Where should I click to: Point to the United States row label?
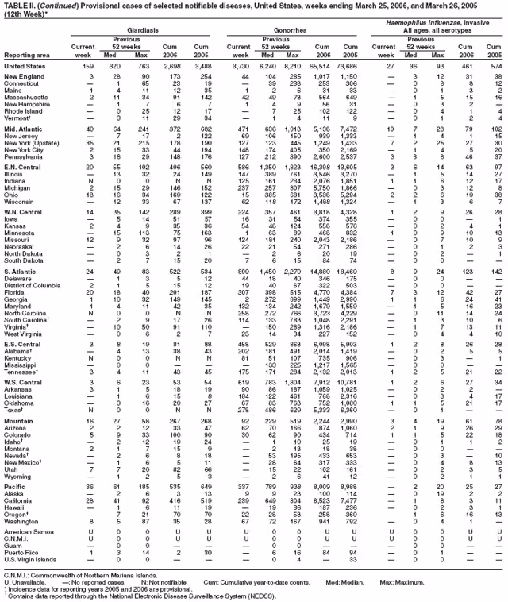tap(25, 66)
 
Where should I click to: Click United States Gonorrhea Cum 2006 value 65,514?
tap(334, 66)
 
